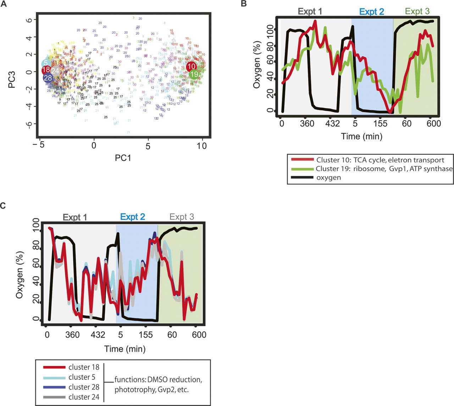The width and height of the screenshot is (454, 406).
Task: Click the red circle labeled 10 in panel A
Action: (x=192, y=66)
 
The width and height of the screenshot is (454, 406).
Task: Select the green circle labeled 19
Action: (x=194, y=74)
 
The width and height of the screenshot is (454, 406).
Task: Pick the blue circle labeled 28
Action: (x=48, y=78)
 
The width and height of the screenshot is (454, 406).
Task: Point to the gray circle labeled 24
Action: (x=55, y=70)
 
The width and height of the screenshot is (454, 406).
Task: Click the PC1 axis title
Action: (x=123, y=157)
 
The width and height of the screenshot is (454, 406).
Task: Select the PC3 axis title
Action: (x=13, y=72)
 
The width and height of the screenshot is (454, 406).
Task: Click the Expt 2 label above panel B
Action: (x=371, y=12)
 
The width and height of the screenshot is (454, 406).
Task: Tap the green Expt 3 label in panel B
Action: (x=417, y=11)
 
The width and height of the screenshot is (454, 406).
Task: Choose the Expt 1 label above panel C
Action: (x=75, y=217)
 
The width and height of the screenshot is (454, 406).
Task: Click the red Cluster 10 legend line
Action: (x=301, y=160)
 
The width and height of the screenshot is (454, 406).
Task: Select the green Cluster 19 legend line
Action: (x=301, y=169)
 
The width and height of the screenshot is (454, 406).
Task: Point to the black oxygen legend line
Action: (x=301, y=177)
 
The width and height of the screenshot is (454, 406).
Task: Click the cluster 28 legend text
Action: (x=84, y=387)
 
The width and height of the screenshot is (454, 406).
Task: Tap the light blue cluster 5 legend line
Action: (x=54, y=377)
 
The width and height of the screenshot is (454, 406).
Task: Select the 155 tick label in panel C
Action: (x=146, y=335)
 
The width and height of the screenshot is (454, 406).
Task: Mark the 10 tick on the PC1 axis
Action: (x=202, y=146)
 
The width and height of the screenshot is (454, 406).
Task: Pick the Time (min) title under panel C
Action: (x=125, y=349)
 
